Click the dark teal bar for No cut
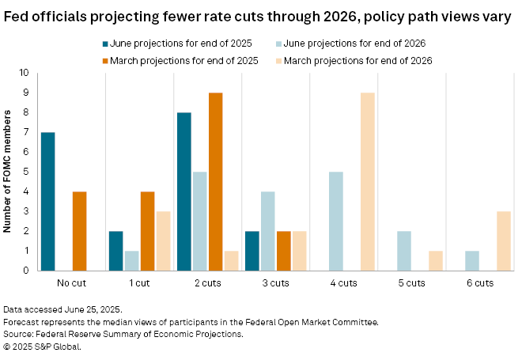coord(47,201)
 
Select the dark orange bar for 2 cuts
coord(215,181)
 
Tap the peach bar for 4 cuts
coord(368,181)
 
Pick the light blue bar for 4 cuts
coord(336,221)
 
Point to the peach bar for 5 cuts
coord(434,260)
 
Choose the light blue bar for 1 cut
coord(132,260)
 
